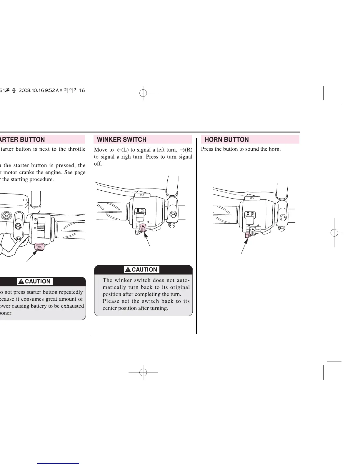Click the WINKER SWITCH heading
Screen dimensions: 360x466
121,139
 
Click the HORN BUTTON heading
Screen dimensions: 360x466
226,139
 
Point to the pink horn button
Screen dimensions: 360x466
248,235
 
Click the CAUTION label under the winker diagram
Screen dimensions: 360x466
142,269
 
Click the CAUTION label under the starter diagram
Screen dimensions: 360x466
35,281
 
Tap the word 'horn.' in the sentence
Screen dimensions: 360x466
275,149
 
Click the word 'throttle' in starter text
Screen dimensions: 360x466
77,149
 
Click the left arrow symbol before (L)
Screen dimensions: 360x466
119,150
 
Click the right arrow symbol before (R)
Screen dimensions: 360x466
182,150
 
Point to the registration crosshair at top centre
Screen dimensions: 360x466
143,93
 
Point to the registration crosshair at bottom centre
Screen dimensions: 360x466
143,372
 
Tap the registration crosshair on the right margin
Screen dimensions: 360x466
334,233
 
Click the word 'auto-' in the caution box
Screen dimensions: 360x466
183,280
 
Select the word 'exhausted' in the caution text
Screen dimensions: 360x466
72,306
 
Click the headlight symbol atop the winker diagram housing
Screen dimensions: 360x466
142,195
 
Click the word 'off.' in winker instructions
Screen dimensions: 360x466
98,164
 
